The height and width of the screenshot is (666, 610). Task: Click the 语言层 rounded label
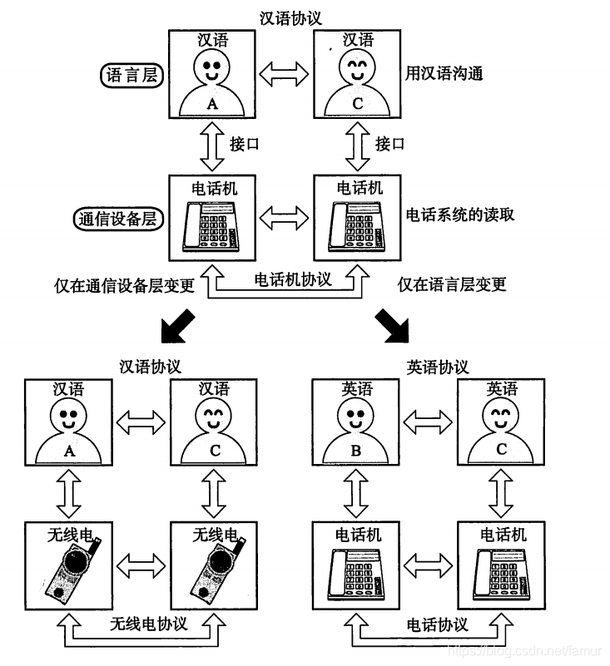131,75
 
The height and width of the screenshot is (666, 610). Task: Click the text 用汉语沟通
443,73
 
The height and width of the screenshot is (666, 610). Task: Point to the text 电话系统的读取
459,215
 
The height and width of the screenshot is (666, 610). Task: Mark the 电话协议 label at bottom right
437,624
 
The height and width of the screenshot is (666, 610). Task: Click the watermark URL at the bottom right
529,650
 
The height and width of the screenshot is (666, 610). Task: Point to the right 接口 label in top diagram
389,144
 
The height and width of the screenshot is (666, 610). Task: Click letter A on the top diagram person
211,103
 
